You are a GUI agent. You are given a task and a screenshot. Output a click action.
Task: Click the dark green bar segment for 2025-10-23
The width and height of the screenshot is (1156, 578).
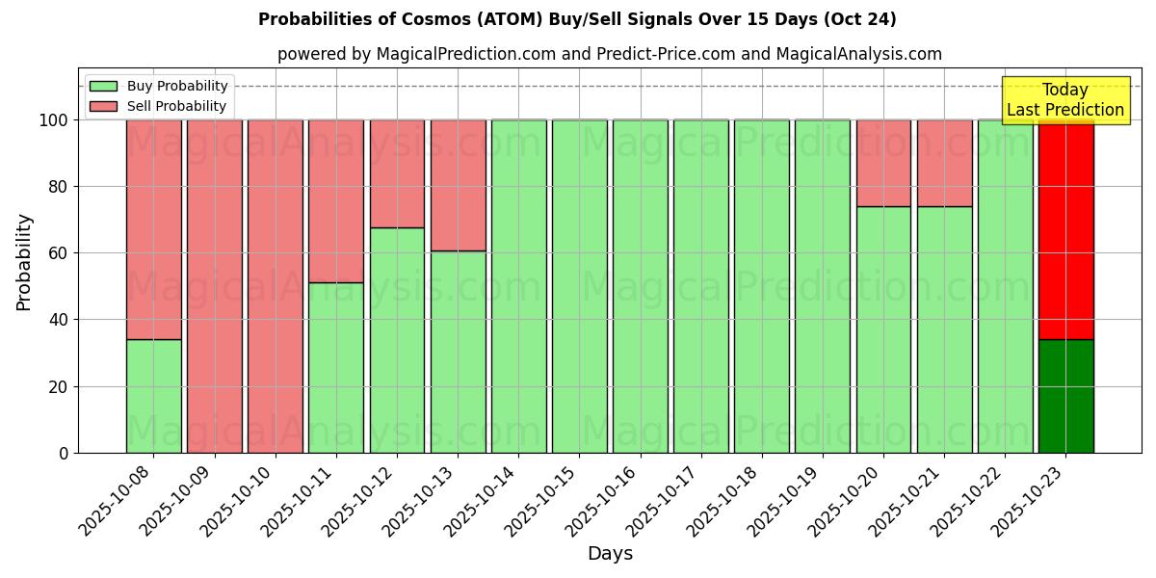pyautogui.click(x=1065, y=396)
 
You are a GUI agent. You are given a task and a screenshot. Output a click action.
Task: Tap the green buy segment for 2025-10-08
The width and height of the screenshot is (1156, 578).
pyautogui.click(x=153, y=396)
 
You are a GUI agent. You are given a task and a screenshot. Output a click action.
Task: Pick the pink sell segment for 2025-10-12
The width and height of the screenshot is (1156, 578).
pyautogui.click(x=397, y=173)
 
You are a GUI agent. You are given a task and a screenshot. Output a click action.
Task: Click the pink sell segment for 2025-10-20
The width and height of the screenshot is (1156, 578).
pyautogui.click(x=883, y=163)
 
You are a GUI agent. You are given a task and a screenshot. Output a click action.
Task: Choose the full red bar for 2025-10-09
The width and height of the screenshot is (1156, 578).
pyautogui.click(x=214, y=286)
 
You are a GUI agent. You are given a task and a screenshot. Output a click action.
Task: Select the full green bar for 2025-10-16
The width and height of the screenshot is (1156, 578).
pyautogui.click(x=640, y=286)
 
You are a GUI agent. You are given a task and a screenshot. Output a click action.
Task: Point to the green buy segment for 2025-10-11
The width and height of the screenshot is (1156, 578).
pyautogui.click(x=336, y=367)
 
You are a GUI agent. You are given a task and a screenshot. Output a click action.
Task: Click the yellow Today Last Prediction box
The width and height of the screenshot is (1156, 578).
pyautogui.click(x=1064, y=100)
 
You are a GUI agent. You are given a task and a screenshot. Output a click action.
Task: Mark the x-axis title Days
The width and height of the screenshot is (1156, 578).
pyautogui.click(x=610, y=554)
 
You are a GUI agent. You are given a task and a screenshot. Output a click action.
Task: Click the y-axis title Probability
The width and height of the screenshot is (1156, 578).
pyautogui.click(x=24, y=262)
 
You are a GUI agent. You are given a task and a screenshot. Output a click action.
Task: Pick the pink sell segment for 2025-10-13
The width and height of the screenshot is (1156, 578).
pyautogui.click(x=458, y=185)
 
